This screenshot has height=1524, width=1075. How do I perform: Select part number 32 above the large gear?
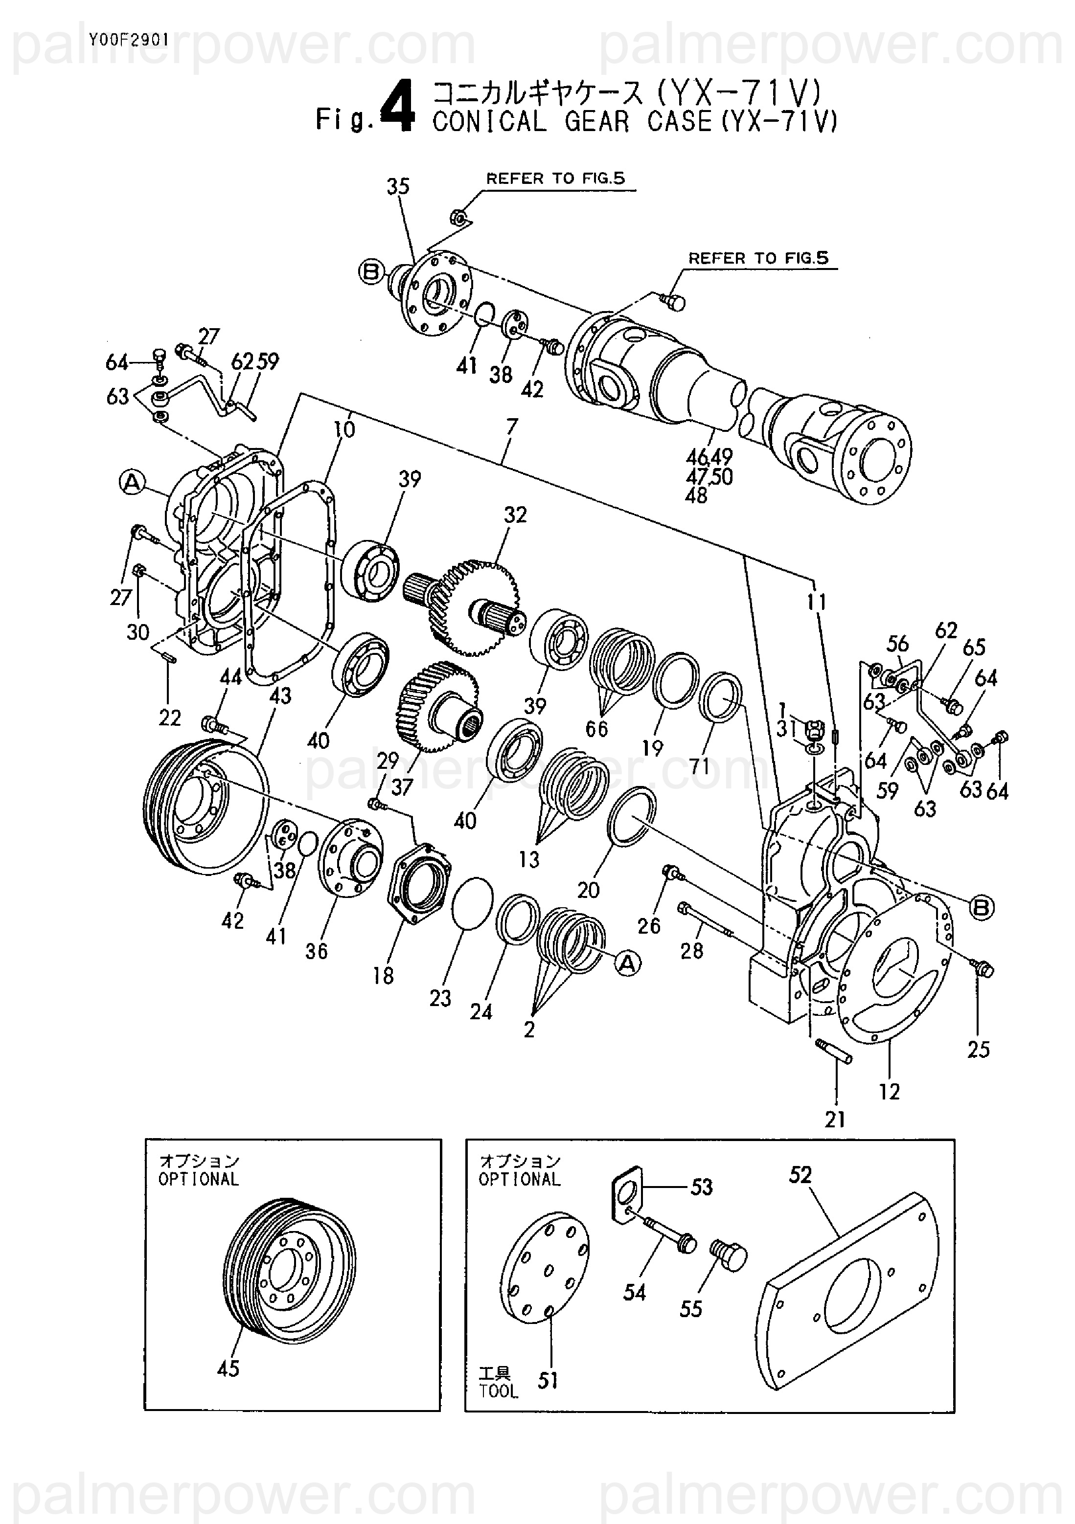coord(515,515)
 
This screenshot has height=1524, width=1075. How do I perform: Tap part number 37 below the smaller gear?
coord(402,787)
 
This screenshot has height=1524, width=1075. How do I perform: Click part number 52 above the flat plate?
coord(800,1175)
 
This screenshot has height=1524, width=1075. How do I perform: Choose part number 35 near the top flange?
coord(398,186)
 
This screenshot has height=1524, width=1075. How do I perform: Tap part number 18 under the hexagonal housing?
coord(383,975)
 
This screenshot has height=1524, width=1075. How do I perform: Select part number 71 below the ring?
coord(699,767)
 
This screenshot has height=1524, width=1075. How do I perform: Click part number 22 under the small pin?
coord(170,717)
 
